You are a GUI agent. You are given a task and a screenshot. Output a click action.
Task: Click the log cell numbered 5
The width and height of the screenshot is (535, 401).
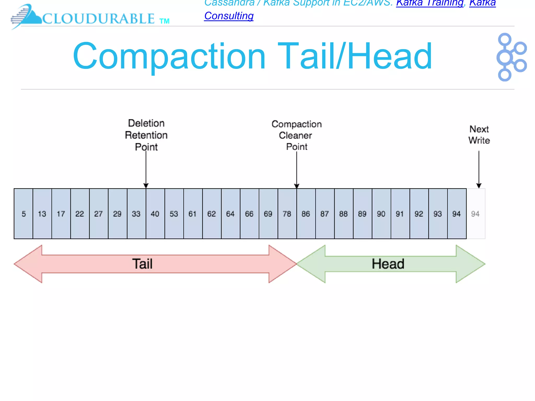(24, 214)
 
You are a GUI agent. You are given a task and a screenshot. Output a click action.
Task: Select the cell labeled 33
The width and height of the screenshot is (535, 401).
(136, 214)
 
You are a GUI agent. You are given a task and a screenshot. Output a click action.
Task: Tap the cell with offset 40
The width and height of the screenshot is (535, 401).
(155, 214)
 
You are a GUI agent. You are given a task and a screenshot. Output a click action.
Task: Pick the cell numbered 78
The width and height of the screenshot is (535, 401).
(287, 214)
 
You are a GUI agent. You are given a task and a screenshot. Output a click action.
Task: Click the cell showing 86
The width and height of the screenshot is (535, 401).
(306, 214)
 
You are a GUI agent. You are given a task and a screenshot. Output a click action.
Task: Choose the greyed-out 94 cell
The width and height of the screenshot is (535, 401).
(475, 214)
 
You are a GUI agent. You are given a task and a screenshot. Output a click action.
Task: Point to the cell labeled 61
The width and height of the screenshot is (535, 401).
(193, 214)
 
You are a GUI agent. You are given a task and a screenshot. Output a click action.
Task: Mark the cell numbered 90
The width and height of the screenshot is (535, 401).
(381, 214)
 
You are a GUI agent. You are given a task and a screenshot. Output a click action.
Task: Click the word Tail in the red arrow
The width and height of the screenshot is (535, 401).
(142, 264)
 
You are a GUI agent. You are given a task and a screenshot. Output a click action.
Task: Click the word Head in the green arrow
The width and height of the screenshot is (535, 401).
(388, 264)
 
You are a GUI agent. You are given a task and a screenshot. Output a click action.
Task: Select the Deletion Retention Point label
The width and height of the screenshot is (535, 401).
(146, 135)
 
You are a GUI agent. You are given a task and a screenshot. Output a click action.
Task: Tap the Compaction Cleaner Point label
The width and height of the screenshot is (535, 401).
(296, 135)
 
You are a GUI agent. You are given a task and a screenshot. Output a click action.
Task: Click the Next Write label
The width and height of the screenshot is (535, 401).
(479, 135)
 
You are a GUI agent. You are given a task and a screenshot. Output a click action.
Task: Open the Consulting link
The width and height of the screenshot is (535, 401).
(229, 16)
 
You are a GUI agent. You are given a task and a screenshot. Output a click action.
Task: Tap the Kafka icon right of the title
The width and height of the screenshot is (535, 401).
(511, 57)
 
